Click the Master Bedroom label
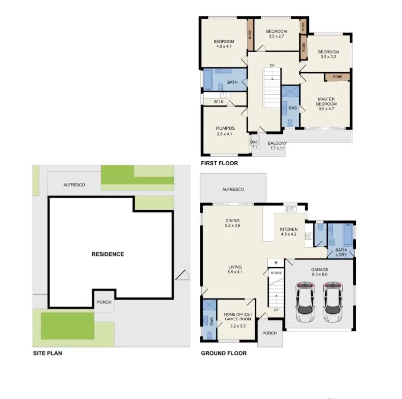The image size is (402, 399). [x=326, y=102]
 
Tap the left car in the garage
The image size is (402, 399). [x=305, y=302]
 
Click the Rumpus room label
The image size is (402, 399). [x=225, y=128]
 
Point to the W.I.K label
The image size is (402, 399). [x=219, y=102]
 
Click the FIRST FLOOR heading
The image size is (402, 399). [x=219, y=163]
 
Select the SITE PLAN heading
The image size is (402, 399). [x=47, y=353]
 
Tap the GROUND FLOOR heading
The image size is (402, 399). [x=224, y=353]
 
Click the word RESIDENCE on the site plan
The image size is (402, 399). [x=108, y=254]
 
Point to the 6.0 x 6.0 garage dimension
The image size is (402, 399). [x=319, y=275]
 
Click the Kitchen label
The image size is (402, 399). [x=289, y=229]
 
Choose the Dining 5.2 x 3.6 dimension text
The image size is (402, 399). [x=232, y=225]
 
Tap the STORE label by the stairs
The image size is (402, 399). [x=276, y=273]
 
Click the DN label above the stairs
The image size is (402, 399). [x=272, y=65]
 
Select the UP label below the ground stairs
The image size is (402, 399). [x=276, y=310]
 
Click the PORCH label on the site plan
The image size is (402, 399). [x=104, y=302]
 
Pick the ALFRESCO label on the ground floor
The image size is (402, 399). [x=233, y=189]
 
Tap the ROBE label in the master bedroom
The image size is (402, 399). [x=337, y=77]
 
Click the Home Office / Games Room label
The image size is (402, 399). [x=238, y=316]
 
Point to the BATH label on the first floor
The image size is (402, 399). [x=232, y=82]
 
